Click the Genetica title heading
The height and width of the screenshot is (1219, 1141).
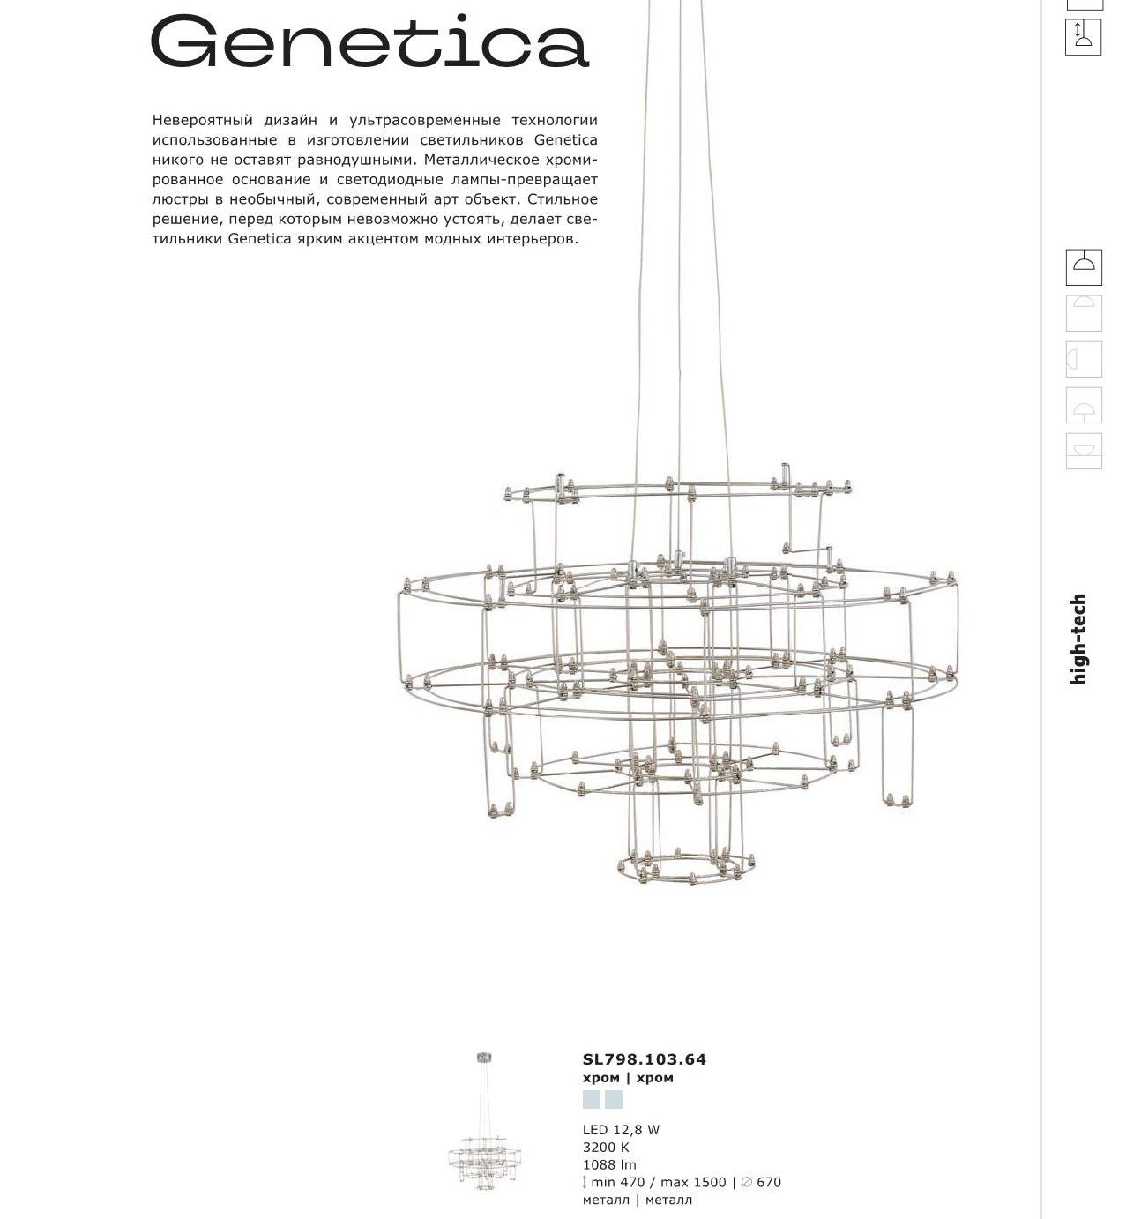[x=369, y=41]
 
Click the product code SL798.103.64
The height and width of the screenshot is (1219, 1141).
[x=644, y=1058]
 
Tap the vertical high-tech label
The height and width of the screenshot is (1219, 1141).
[x=1078, y=639]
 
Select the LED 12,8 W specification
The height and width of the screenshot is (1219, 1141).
[x=621, y=1130]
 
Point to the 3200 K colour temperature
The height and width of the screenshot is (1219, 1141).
[x=606, y=1148]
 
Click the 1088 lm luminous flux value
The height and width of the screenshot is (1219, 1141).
[x=609, y=1164]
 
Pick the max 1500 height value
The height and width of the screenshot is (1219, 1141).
[x=693, y=1182]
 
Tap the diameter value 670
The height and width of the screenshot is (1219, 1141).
[x=768, y=1182]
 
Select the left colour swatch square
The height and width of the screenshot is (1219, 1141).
[x=592, y=1099]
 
